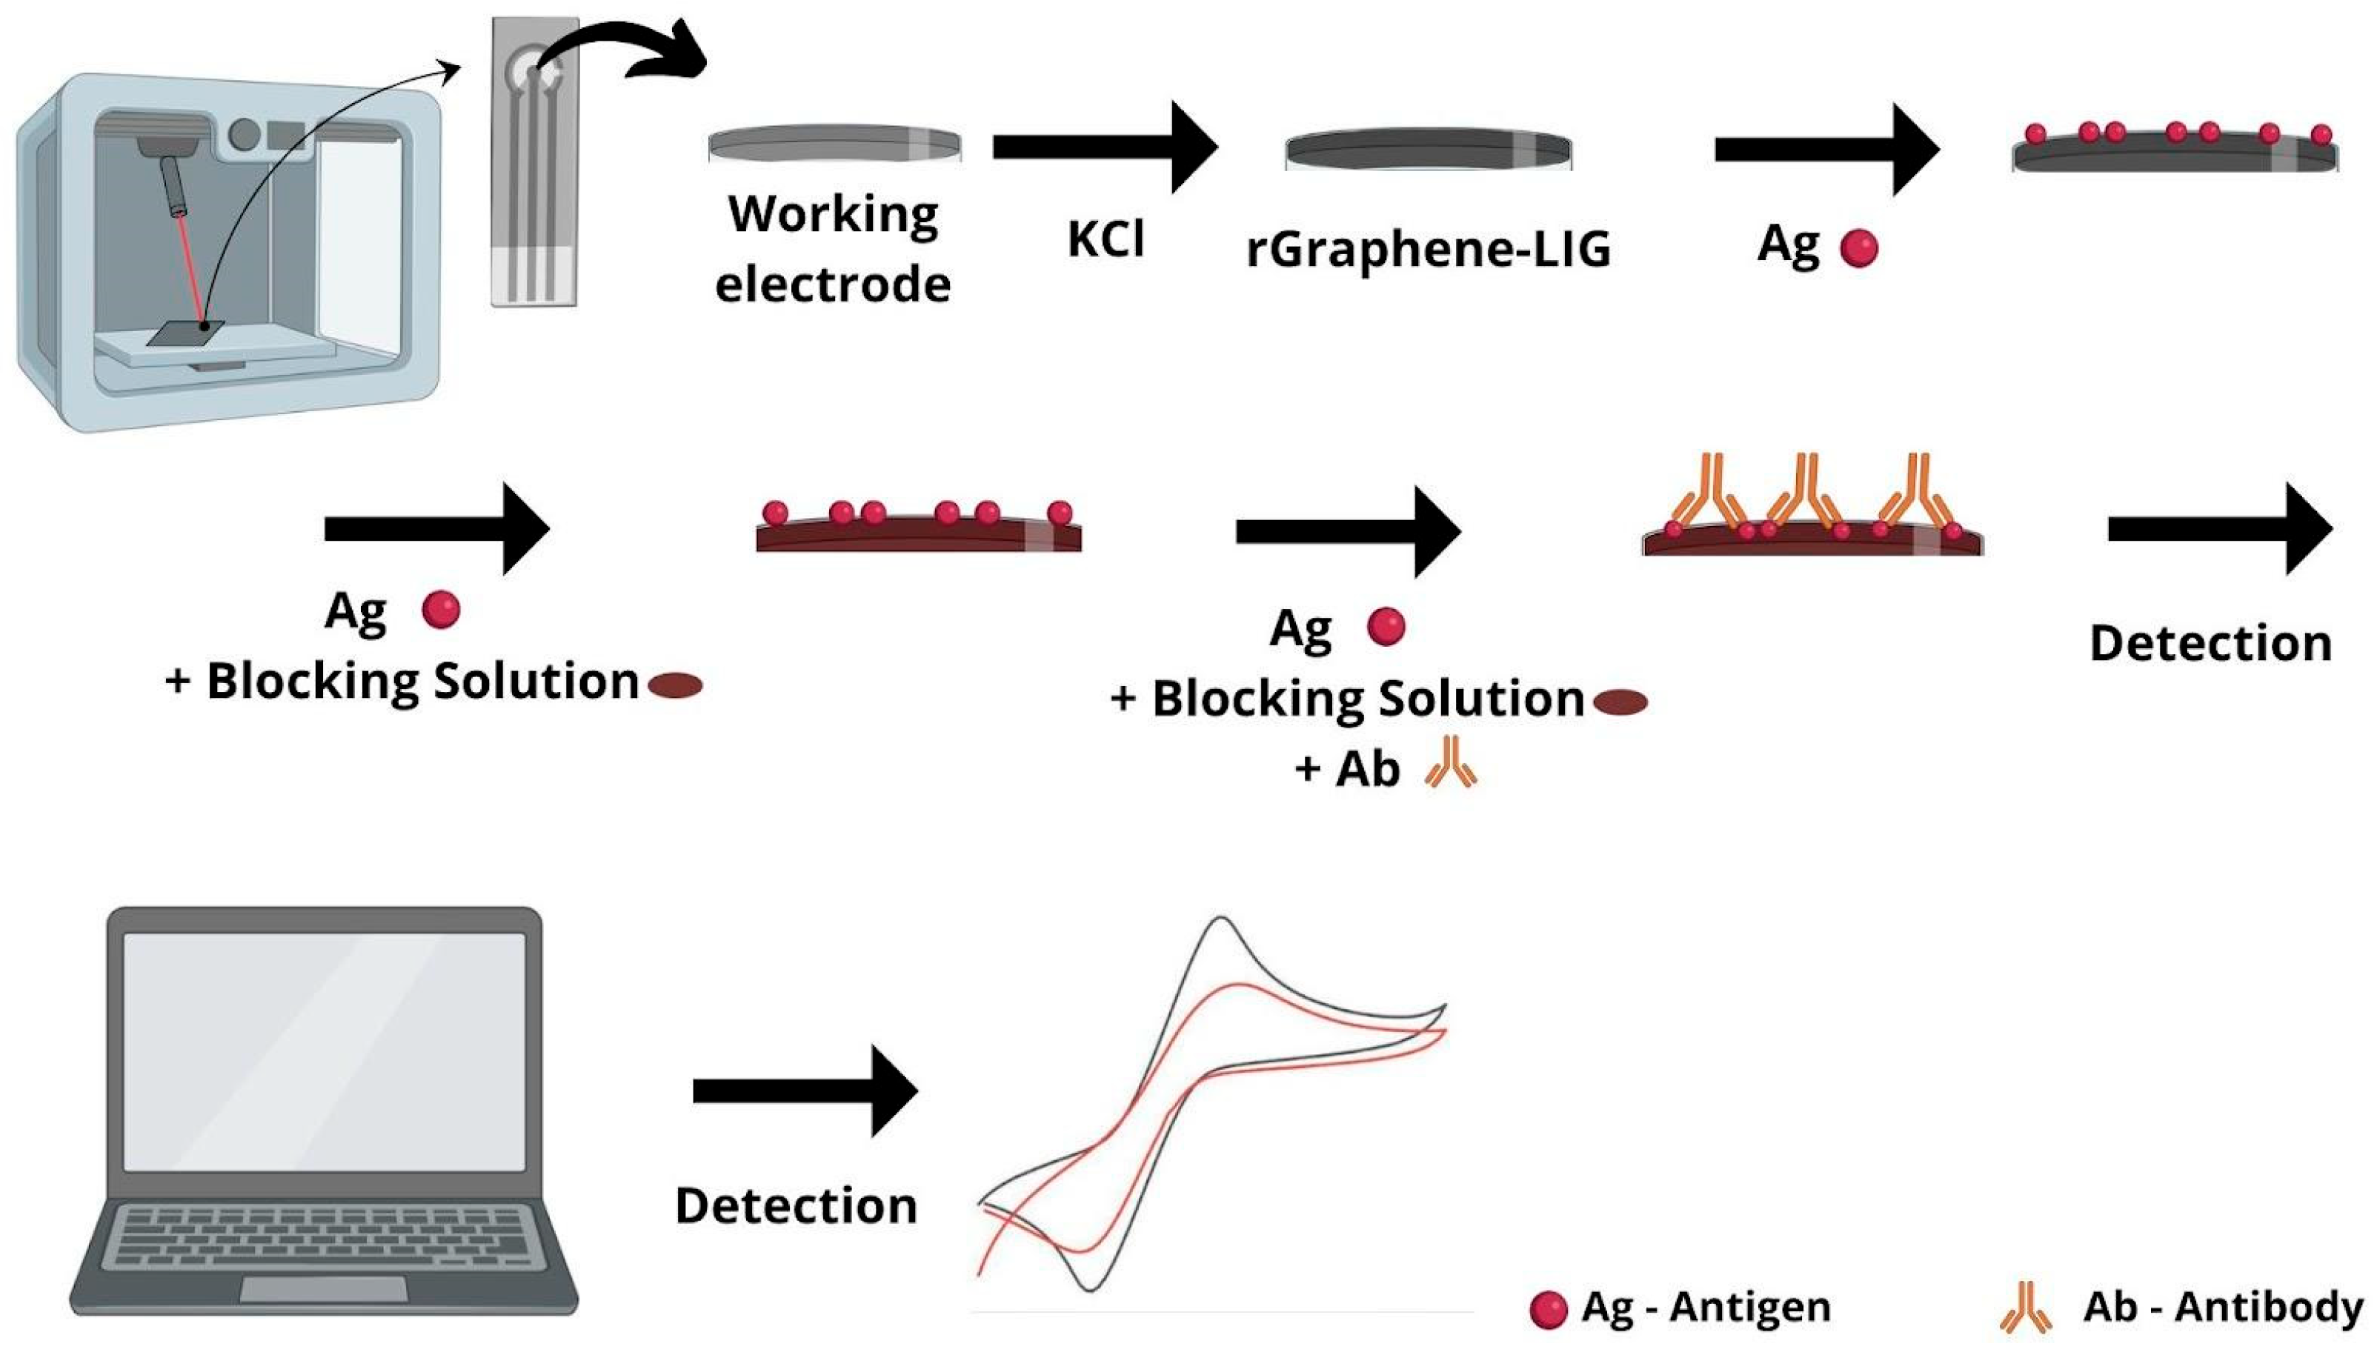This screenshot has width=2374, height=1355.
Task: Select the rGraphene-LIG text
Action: coord(1428,250)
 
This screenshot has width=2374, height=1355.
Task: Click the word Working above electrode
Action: coord(833,215)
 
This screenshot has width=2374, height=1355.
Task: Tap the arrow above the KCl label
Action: coord(1105,147)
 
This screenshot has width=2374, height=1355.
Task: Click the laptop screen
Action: coord(324,1051)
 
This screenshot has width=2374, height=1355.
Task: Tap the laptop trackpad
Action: coord(324,1289)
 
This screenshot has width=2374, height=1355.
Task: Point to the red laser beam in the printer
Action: coord(189,270)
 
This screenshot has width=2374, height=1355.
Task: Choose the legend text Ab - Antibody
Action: coord(2222,1307)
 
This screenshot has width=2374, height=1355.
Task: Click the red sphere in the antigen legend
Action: coord(1548,1309)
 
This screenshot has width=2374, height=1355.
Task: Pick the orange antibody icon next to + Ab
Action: coord(1450,762)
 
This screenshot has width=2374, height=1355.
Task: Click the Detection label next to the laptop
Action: coord(796,1206)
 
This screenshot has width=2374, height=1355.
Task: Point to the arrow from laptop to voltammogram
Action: coord(805,1091)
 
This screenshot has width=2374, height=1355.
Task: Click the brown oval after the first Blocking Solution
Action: coord(675,686)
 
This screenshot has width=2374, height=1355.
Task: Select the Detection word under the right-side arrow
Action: coord(2210,643)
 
